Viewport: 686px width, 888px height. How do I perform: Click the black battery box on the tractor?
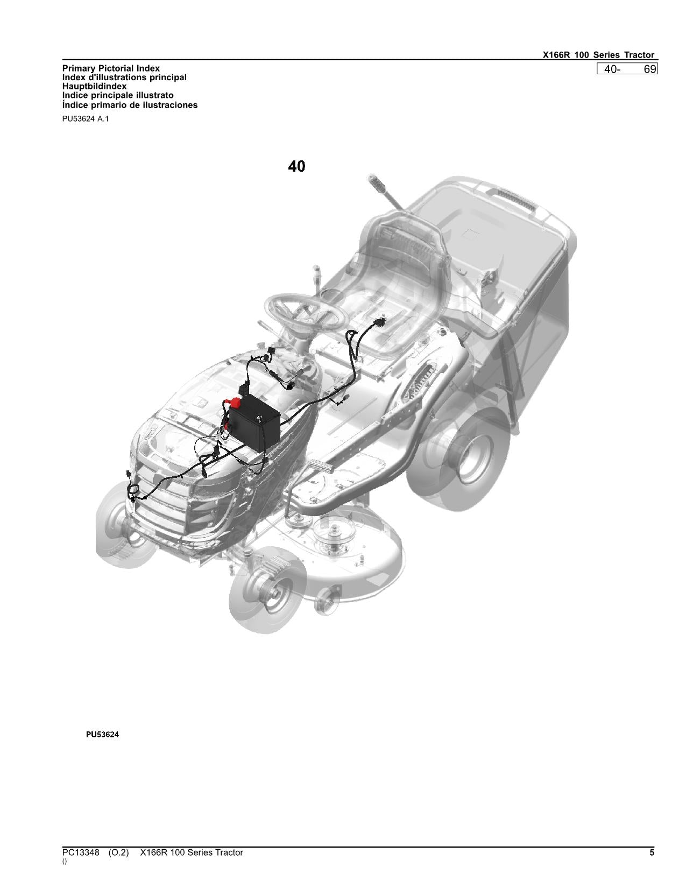[x=254, y=422]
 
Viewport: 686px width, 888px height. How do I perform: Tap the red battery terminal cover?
[x=235, y=403]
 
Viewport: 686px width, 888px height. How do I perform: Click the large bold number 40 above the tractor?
[x=296, y=166]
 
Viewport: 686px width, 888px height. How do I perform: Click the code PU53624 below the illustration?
[x=102, y=734]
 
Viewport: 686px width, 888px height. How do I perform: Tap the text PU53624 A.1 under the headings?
[x=86, y=119]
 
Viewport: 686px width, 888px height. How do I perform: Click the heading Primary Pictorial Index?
[x=111, y=68]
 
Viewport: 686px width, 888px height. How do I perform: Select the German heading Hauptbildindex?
[x=94, y=86]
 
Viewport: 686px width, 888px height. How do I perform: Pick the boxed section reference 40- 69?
[x=627, y=69]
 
